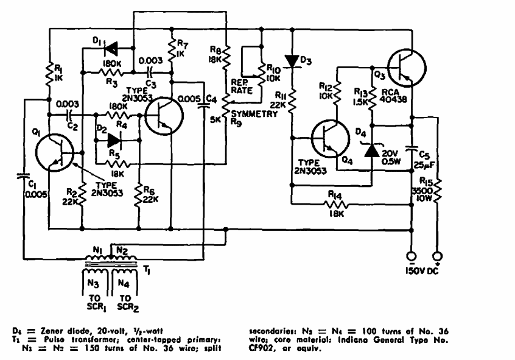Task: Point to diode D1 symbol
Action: point(110,48)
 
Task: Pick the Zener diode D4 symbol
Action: point(371,148)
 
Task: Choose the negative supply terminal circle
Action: point(410,256)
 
